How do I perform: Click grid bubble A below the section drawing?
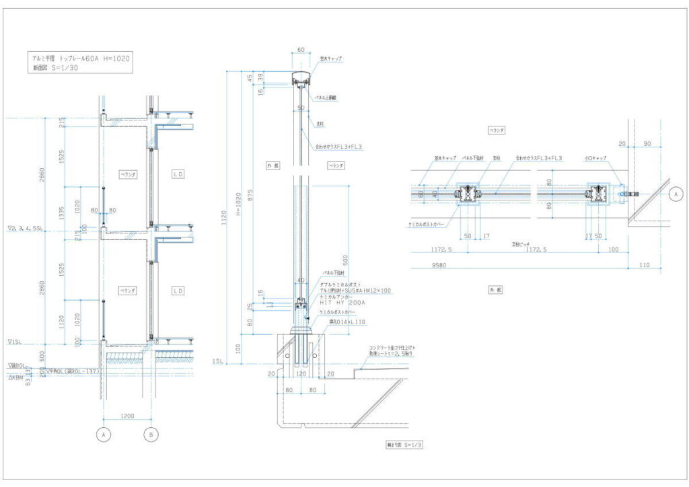tap(104, 435)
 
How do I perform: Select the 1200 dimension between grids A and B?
tap(126, 416)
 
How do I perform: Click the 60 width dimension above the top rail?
tap(301, 49)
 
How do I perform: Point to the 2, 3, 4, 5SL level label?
tap(26, 228)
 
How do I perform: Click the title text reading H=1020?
tap(117, 59)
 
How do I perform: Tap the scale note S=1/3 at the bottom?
tap(405, 445)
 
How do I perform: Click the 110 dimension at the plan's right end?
tap(645, 265)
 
